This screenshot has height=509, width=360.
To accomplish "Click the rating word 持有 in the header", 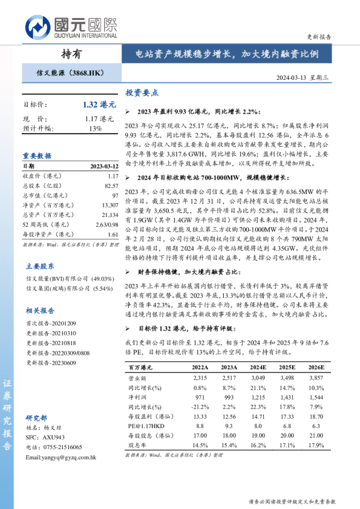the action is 71,54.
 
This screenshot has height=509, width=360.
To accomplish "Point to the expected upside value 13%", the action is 96,129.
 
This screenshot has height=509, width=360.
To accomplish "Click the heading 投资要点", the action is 142,93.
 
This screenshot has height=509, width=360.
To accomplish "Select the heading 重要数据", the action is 37,155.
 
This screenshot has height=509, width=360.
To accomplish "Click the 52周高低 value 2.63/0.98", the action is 106,225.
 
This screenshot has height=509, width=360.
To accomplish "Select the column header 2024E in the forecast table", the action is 258,367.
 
